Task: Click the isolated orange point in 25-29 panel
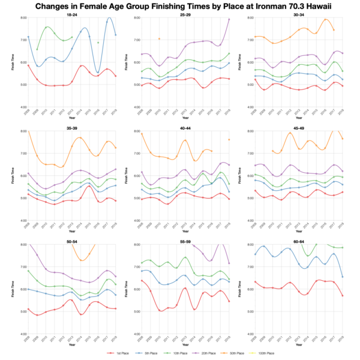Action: pyautogui.click(x=159, y=39)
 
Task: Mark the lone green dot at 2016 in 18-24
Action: pyautogui.click(x=98, y=43)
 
